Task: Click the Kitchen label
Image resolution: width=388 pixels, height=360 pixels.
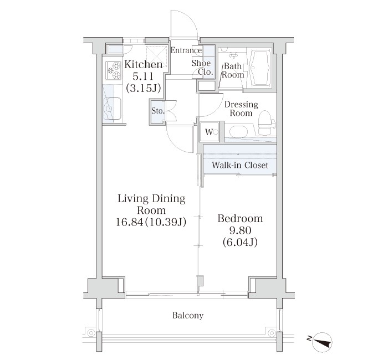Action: (144, 65)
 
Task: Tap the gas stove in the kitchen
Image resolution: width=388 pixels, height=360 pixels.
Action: (113, 70)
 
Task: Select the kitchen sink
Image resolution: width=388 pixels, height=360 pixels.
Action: (113, 109)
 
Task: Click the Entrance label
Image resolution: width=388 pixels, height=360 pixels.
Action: (186, 50)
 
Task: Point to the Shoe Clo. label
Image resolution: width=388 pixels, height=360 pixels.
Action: (202, 68)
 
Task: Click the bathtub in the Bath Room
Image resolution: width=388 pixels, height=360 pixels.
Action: (259, 68)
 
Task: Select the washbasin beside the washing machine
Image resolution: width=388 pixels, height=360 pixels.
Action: (238, 132)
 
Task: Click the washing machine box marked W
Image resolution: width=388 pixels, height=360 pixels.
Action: (210, 132)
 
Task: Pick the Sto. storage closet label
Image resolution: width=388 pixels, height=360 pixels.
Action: (157, 111)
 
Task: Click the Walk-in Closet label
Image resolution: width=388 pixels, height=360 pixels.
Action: (240, 165)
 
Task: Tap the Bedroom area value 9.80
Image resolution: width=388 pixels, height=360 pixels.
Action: (240, 230)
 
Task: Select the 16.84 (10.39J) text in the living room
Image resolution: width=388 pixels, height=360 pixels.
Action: (151, 222)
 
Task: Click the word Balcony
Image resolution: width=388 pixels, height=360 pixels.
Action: (188, 316)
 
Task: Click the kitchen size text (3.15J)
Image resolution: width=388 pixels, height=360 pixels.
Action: (144, 88)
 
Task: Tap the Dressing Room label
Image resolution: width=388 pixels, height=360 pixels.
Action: (241, 109)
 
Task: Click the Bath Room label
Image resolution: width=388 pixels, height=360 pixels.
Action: (233, 70)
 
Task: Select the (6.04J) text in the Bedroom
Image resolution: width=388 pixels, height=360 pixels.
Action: (240, 243)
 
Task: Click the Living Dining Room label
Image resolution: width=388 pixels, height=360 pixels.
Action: (151, 204)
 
